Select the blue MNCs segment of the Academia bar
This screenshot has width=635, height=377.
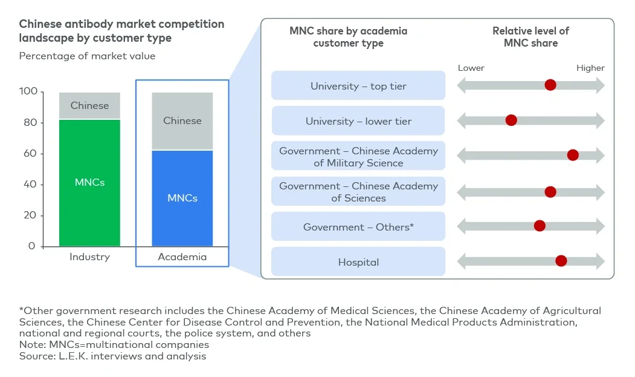pyautogui.click(x=182, y=198)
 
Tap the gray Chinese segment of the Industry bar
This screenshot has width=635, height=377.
pyautogui.click(x=89, y=106)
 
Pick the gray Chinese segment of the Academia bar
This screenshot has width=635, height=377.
pyautogui.click(x=182, y=121)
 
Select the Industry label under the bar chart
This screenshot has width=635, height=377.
pyautogui.click(x=89, y=257)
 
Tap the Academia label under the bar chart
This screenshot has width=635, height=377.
pyautogui.click(x=182, y=257)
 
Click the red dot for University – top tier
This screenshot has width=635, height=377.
pyautogui.click(x=550, y=85)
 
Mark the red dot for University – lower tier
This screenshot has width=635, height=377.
pyautogui.click(x=511, y=120)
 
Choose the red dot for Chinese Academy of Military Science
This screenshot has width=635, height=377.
pyautogui.click(x=573, y=156)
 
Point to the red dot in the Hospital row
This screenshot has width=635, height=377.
pyautogui.click(x=561, y=261)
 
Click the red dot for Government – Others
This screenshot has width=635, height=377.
pyautogui.click(x=540, y=226)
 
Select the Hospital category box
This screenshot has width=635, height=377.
pyautogui.click(x=358, y=262)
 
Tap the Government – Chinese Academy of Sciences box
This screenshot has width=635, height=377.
pyautogui.click(x=358, y=192)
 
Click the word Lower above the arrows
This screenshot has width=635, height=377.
pyautogui.click(x=471, y=68)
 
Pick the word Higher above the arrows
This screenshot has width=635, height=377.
pyautogui.click(x=590, y=68)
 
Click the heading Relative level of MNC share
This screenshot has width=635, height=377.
pyautogui.click(x=530, y=37)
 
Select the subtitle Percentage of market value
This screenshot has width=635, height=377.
pyautogui.click(x=87, y=56)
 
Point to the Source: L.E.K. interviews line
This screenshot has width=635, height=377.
pyautogui.click(x=112, y=356)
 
